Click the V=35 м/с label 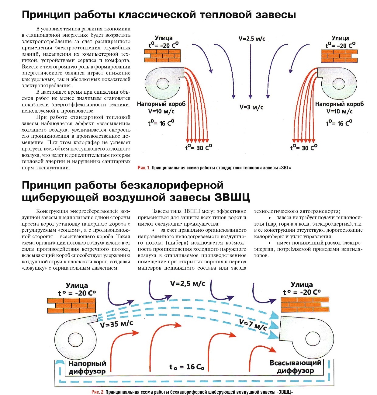(116, 324)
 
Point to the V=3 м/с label (251, 107)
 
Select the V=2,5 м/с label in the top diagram (252, 39)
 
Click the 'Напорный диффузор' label (87, 367)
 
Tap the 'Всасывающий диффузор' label (295, 367)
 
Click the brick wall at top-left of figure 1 (162, 56)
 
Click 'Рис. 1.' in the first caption (144, 168)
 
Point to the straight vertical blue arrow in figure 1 (251, 70)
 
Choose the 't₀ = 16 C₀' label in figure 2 (187, 367)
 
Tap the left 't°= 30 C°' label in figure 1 (199, 148)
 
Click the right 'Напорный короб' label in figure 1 (339, 104)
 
